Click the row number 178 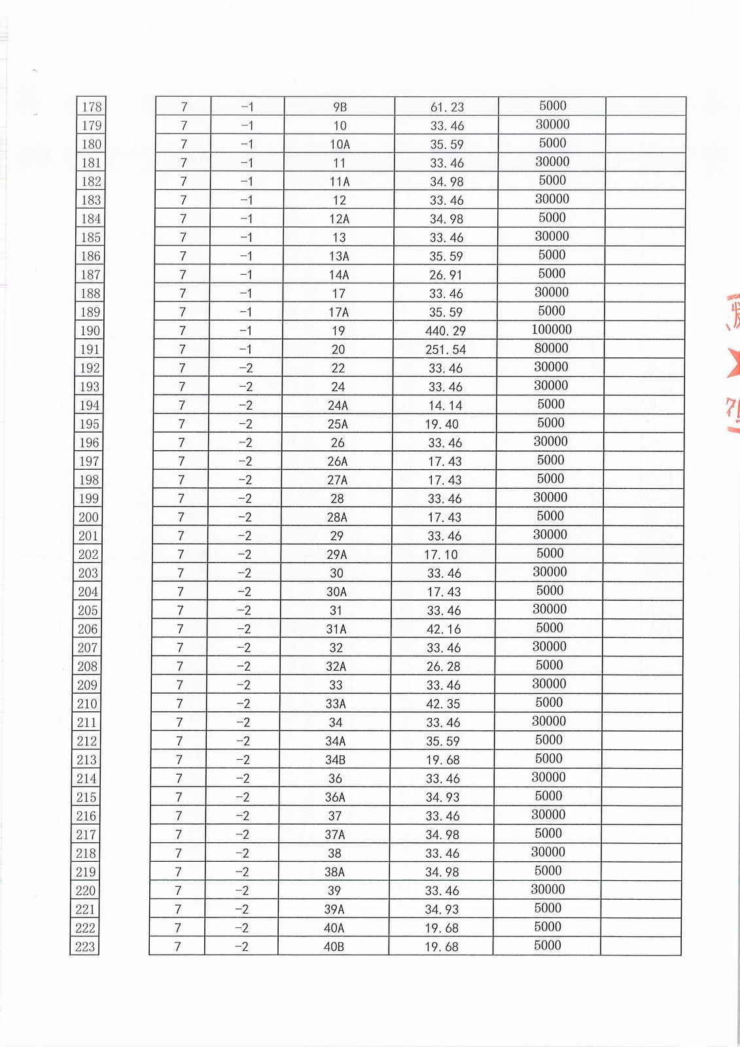tap(92, 107)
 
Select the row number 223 tap(85, 946)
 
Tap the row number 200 tap(88, 517)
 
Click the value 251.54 tap(446, 349)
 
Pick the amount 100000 tap(552, 330)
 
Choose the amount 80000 tap(552, 348)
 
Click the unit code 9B tap(340, 107)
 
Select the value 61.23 tap(447, 107)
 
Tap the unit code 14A tap(339, 275)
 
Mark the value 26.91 tap(446, 275)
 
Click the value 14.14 tap(445, 405)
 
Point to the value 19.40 tap(442, 424)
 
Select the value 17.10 tap(441, 554)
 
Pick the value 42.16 tap(444, 629)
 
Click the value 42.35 tap(443, 703)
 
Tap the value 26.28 tap(443, 666)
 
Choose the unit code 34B tap(336, 760)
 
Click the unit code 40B tap(334, 946)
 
